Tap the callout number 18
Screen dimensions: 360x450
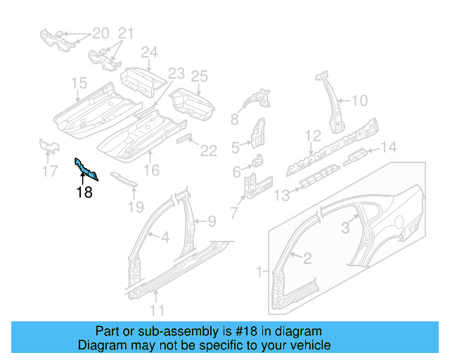pos(84,191)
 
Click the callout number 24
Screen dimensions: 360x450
pos(149,53)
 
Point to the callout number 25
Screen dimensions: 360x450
pos(200,76)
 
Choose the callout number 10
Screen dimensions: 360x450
pos(359,101)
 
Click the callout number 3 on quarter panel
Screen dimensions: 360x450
pos(345,227)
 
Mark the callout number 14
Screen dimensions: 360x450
pos(389,147)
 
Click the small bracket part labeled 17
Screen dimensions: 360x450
pos(48,146)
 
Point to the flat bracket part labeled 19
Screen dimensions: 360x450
pos(124,179)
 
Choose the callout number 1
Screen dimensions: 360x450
pos(259,271)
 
